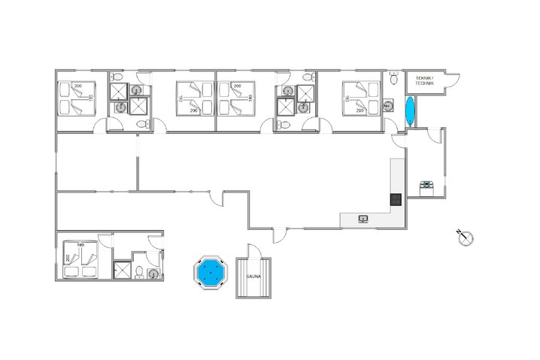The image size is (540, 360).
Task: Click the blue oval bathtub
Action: pos(409,112)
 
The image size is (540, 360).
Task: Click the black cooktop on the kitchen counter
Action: pos(395,199)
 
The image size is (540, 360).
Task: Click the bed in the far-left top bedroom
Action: pos(76,99)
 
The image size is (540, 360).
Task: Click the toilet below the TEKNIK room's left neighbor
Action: pos(394,78)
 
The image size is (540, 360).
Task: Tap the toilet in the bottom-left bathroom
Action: pos(141,271)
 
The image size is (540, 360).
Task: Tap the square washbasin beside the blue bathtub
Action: pos(388,107)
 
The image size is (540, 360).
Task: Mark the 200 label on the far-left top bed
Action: pos(78,87)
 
